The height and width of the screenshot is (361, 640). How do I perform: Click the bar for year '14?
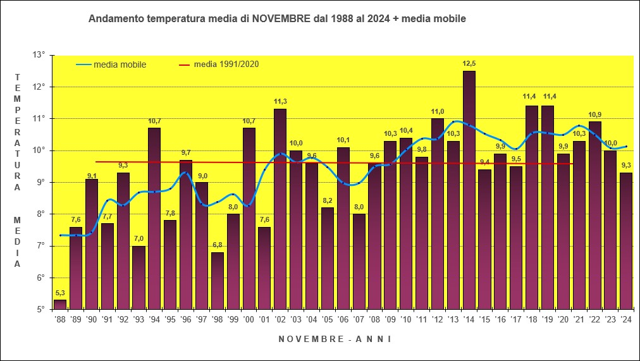pos(469,190)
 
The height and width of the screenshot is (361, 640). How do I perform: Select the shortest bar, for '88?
pos(60,305)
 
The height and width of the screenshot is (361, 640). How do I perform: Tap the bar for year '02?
pos(280,209)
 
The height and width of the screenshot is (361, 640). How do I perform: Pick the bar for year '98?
pos(217,281)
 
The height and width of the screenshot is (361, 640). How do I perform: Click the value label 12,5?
pos(469,63)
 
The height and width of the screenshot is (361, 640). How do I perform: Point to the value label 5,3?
pos(60,293)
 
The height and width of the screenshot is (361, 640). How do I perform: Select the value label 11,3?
pos(280,101)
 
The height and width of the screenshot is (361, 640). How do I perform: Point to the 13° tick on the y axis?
pos(39,55)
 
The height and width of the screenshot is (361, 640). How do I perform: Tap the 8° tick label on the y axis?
pos(40,214)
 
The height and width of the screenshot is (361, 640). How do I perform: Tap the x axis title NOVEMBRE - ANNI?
pos(335,339)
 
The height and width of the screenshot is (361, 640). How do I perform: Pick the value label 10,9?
pos(594,114)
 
